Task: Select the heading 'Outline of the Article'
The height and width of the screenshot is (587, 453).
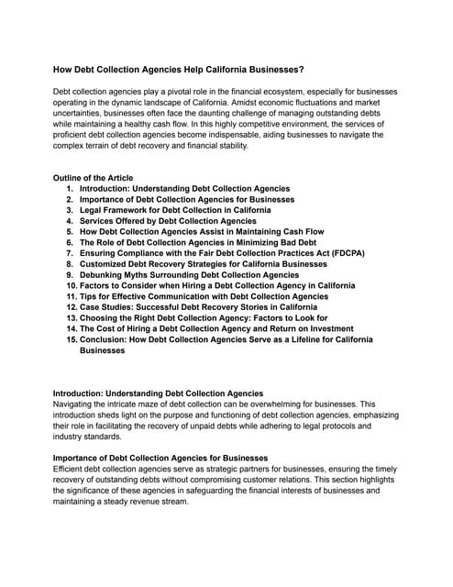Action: (x=93, y=178)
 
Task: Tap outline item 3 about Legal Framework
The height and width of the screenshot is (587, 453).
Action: (x=174, y=210)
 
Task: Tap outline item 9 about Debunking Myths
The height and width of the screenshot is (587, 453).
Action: (x=189, y=275)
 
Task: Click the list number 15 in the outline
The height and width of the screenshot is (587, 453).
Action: (x=71, y=339)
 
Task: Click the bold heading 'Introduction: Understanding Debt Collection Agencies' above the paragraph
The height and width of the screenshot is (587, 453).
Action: (x=158, y=393)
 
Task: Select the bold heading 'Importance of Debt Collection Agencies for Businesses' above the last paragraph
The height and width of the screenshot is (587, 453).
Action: (x=160, y=458)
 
